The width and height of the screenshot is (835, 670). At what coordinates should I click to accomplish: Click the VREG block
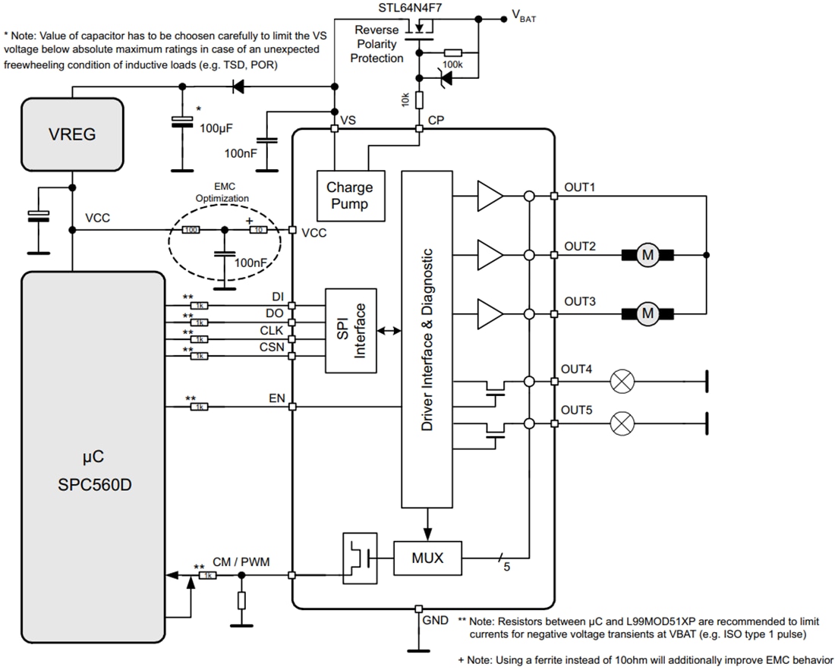click(x=72, y=134)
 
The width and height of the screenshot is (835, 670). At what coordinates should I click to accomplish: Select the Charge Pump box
click(x=350, y=195)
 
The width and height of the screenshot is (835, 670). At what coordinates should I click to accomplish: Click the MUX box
click(x=427, y=558)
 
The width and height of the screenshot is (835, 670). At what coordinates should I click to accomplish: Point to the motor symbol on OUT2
click(x=648, y=255)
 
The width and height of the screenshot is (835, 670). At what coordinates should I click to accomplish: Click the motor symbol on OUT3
click(x=648, y=311)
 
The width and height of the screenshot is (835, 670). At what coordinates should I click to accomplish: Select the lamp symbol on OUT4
click(x=622, y=382)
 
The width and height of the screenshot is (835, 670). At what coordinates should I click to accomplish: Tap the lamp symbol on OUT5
click(x=622, y=423)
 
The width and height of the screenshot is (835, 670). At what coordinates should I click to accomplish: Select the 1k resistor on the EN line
click(x=199, y=407)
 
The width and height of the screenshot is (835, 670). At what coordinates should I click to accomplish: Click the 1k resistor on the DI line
click(x=199, y=305)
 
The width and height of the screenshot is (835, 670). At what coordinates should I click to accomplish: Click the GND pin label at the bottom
click(x=435, y=620)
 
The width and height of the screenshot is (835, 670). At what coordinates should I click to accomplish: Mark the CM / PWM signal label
click(x=241, y=561)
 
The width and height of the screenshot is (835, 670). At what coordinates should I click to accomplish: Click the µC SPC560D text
click(x=94, y=470)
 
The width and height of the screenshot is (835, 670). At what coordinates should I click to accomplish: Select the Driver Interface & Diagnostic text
click(x=427, y=340)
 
